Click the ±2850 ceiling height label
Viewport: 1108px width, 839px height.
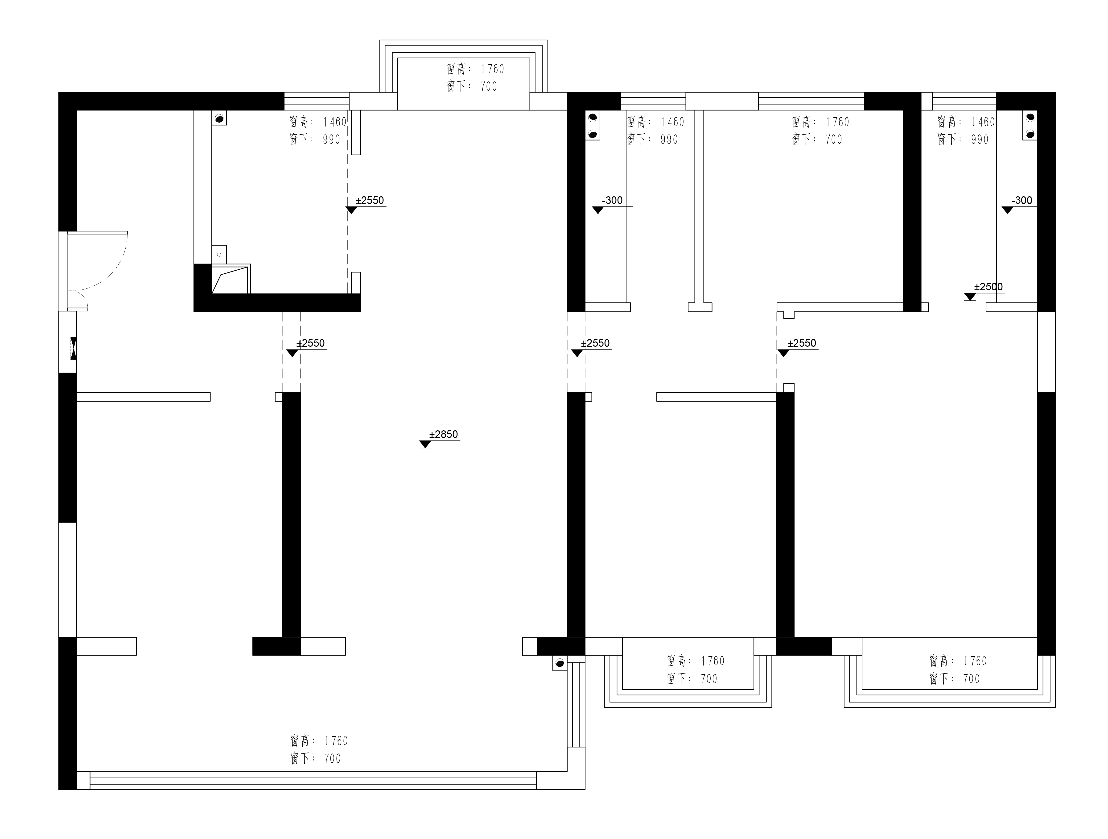[x=443, y=434]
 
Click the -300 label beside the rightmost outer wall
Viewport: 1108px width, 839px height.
[x=1022, y=200]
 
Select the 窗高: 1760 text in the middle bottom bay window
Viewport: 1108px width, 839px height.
[x=696, y=661]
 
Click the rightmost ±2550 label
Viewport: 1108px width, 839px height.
[x=801, y=343]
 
